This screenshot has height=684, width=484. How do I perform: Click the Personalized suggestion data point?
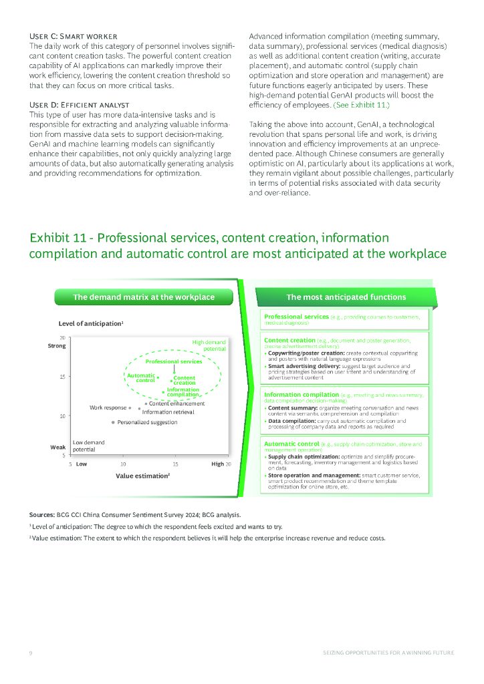point(113,422)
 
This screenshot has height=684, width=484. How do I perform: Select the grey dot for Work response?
point(130,407)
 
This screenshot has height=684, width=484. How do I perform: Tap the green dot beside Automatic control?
point(159,377)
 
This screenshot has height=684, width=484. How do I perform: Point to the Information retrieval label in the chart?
point(168,412)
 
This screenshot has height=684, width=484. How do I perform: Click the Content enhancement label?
point(176,403)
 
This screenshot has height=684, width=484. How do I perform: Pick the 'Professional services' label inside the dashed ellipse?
point(174,361)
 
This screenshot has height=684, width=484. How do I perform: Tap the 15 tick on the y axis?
point(62,377)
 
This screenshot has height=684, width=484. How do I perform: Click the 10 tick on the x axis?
point(123,464)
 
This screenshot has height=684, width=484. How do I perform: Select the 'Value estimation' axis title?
point(142,476)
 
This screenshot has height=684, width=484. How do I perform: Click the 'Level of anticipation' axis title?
point(90,323)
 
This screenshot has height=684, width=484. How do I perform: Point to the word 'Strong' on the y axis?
point(57,346)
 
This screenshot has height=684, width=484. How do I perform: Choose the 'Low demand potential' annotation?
point(88,446)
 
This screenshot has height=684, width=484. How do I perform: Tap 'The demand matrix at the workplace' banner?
point(144,297)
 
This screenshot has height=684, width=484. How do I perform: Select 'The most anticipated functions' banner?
point(346,297)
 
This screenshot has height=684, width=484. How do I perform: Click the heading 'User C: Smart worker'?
point(74,35)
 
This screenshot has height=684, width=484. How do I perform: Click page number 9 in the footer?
point(31,652)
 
